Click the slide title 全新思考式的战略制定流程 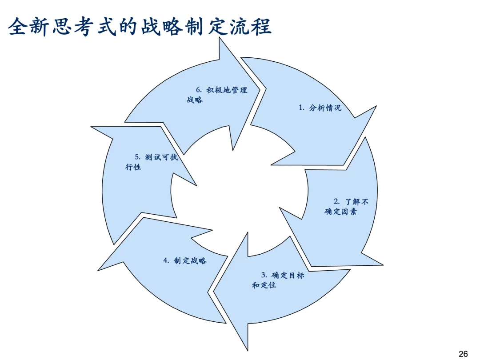tap(140, 26)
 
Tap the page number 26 tap(463, 354)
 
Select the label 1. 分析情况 tap(320, 108)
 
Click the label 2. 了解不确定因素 tap(347, 207)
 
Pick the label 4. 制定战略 tap(185, 261)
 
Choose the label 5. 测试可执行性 tap(151, 162)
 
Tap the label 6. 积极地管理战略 tap(217, 95)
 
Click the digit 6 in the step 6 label tap(198, 90)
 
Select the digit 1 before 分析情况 tap(300, 108)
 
